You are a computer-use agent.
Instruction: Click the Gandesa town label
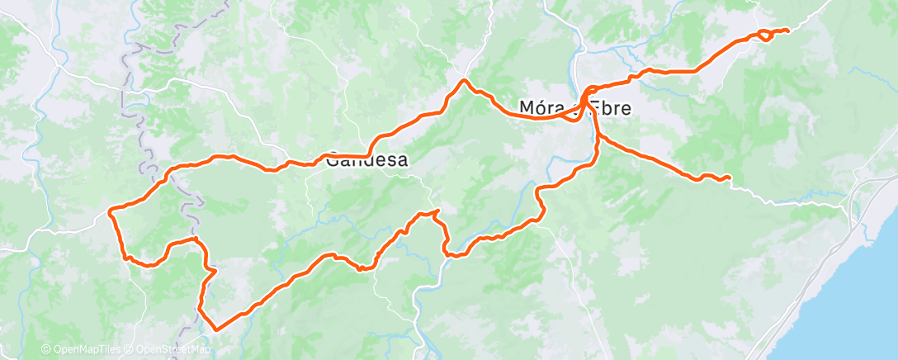click(367, 161)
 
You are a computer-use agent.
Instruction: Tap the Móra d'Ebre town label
click(577, 108)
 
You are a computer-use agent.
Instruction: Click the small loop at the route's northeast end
click(765, 35)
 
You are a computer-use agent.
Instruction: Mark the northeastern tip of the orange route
click(787, 31)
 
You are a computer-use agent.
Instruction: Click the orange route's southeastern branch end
click(729, 178)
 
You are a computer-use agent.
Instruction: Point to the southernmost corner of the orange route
click(216, 329)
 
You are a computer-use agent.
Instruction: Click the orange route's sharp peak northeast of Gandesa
click(466, 80)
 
